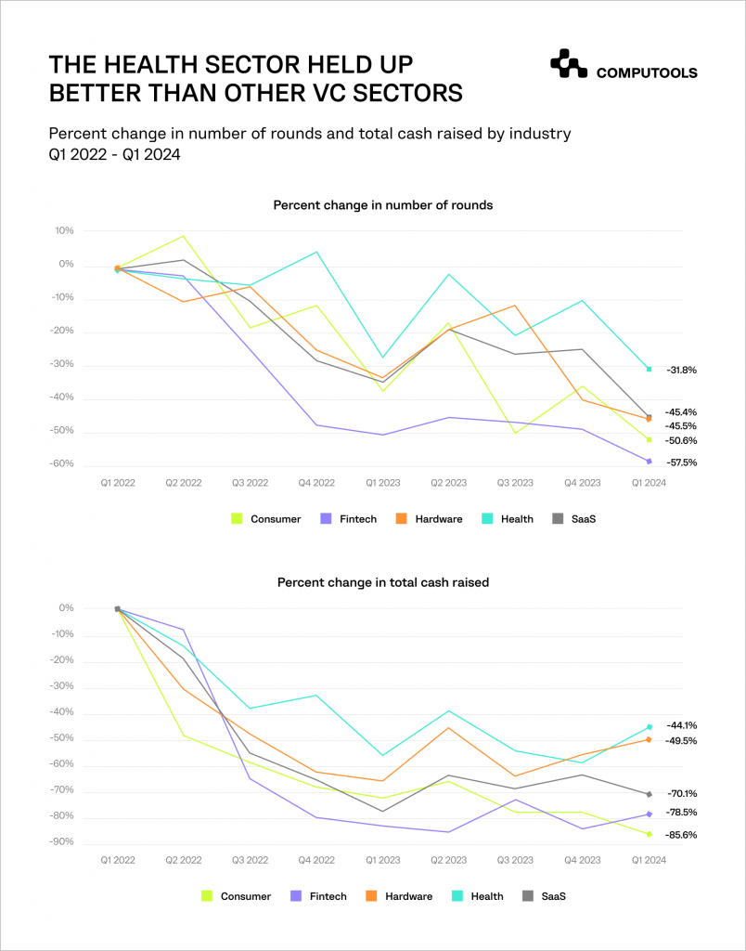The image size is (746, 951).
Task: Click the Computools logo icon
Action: click(568, 63)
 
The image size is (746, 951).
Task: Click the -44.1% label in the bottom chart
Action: click(681, 725)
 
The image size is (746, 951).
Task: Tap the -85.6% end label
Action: click(681, 835)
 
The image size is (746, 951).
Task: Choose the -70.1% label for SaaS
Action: click(681, 794)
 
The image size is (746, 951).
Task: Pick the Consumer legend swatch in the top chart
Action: click(236, 519)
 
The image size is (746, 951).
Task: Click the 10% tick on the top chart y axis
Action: click(65, 230)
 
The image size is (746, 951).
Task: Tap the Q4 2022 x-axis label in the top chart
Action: click(315, 483)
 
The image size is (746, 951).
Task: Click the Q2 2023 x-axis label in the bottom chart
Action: click(450, 860)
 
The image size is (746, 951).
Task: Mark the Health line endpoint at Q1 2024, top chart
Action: click(649, 369)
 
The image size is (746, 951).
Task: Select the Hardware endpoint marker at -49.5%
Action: click(649, 739)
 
